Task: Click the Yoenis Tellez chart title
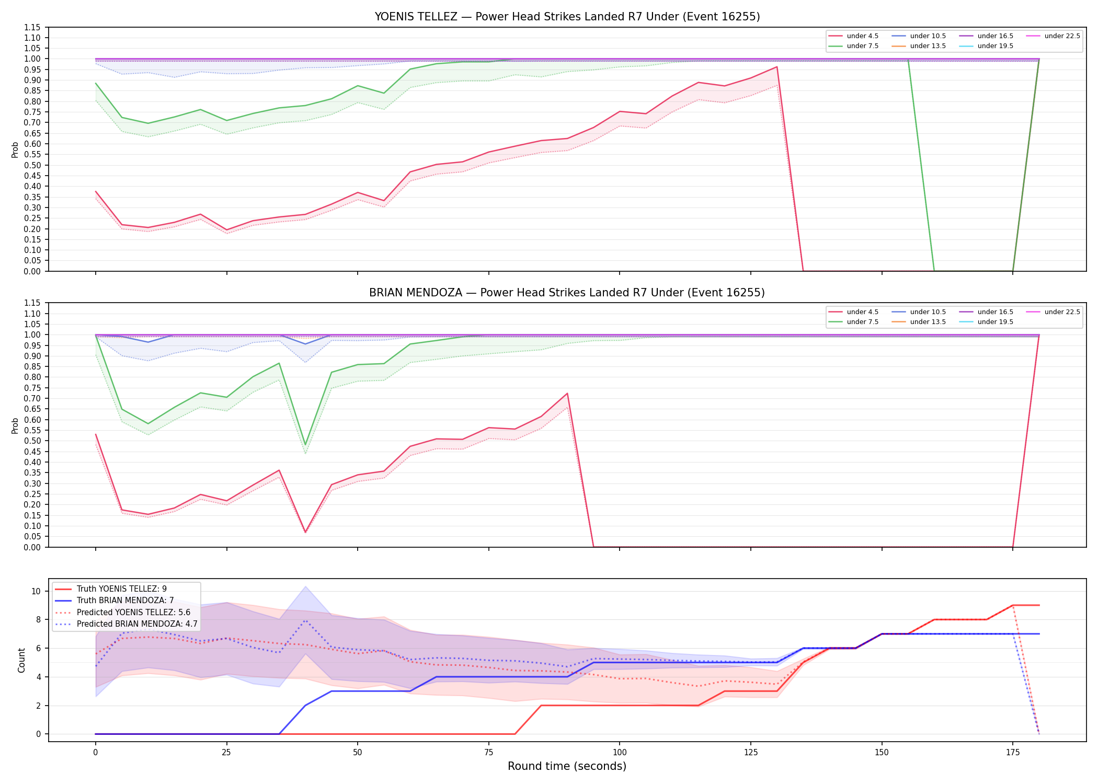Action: [567, 17]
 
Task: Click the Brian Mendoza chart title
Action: [567, 293]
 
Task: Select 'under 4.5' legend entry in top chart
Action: [854, 36]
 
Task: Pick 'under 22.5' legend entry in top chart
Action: [1054, 36]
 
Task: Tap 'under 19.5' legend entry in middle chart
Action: [987, 322]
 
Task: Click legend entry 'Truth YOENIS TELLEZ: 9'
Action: [111, 589]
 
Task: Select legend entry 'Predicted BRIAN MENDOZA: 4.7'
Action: [126, 624]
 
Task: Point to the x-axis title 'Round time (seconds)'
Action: [567, 766]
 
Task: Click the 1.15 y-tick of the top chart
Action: [33, 27]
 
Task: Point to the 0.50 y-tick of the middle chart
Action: [33, 441]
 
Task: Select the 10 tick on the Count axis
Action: [36, 592]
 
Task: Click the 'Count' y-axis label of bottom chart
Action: [21, 661]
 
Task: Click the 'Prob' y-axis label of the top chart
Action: [15, 149]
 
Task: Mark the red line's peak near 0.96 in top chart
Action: [777, 66]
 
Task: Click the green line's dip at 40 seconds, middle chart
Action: [305, 445]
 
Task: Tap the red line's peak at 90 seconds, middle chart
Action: [567, 394]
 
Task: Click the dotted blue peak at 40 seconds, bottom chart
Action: [305, 620]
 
